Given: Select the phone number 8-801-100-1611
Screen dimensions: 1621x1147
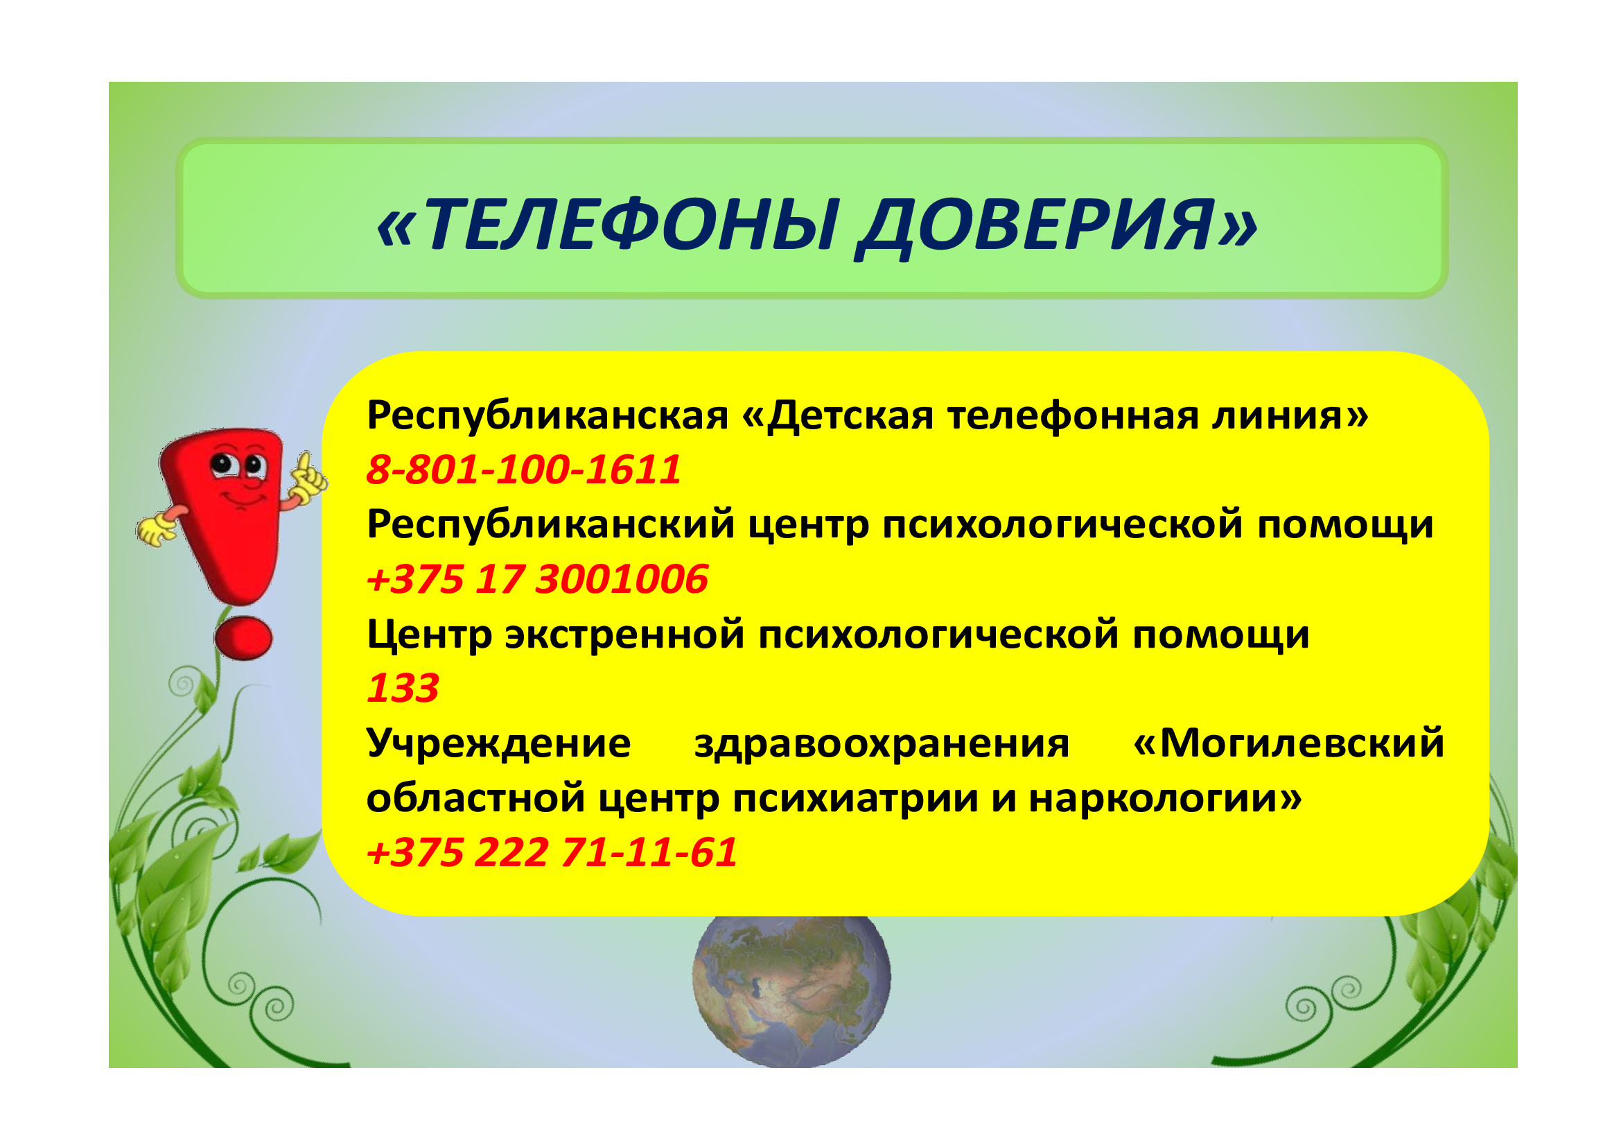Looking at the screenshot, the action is (524, 469).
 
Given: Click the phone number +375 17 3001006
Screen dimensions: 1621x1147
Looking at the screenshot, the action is (537, 579).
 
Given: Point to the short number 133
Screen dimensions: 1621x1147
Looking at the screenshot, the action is (403, 688).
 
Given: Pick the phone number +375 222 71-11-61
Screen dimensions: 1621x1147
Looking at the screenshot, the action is (552, 852).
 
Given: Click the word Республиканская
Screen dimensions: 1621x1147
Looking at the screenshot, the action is (548, 415).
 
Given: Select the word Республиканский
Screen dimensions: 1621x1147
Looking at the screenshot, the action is (551, 525).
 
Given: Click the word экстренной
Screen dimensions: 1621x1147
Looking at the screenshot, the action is (625, 635).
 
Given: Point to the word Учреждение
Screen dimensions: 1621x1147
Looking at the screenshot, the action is (498, 743).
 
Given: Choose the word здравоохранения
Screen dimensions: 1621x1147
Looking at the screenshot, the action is (882, 744).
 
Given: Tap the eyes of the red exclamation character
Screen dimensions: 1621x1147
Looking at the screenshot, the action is (238, 465).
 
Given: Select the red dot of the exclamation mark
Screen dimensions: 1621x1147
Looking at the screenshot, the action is (243, 638).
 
